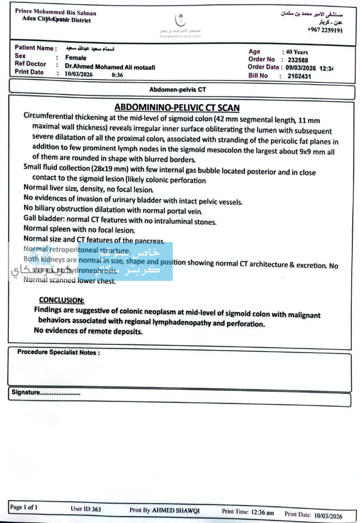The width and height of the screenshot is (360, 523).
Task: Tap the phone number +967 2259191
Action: [x=325, y=30]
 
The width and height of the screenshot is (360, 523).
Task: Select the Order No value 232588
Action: [x=298, y=60]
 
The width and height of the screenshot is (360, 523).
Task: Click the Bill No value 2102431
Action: [x=300, y=76]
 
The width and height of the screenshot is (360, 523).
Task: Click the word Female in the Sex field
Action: [x=75, y=58]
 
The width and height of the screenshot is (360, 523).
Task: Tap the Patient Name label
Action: [x=34, y=48]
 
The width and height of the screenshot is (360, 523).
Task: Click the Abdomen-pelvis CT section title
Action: [x=178, y=90]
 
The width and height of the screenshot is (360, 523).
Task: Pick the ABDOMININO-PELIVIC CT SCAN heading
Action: [x=177, y=108]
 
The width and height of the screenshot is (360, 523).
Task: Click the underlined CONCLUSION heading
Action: [x=61, y=300]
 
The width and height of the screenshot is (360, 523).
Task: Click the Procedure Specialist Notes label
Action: [x=59, y=352]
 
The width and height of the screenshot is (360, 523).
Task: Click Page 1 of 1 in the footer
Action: [x=24, y=507]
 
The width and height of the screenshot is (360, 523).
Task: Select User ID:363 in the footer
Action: [x=86, y=509]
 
